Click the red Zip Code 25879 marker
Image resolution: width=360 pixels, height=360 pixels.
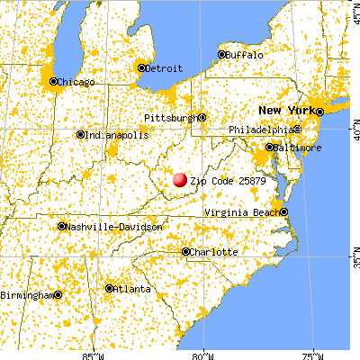(180, 180)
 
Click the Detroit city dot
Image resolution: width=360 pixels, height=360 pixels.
(141, 67)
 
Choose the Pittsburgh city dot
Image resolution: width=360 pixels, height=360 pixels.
(202, 117)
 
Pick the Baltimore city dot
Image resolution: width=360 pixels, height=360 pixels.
(269, 147)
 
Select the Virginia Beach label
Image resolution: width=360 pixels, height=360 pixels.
(241, 211)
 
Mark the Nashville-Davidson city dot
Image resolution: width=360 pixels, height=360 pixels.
(61, 227)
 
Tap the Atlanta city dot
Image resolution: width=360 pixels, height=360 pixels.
(109, 289)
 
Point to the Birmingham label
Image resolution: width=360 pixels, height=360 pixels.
(26, 294)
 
